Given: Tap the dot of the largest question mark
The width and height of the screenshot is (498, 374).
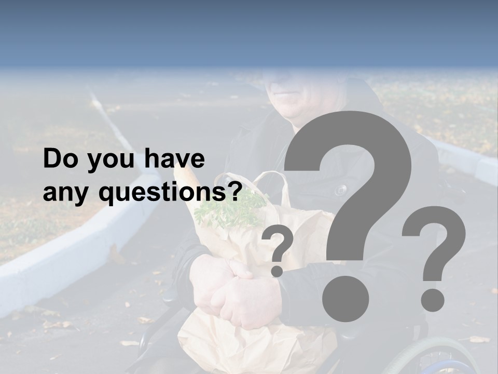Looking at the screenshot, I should [x=345, y=298].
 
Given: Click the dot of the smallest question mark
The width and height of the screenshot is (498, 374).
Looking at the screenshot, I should [x=277, y=271].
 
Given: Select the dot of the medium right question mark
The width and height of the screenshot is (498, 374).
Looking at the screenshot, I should [x=432, y=299].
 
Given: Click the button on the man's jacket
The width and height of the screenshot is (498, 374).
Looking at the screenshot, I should [x=340, y=190].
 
